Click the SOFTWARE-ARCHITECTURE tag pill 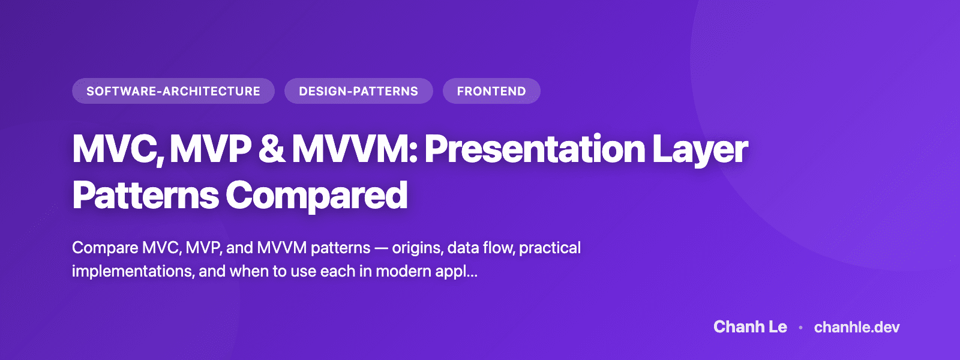tap(173, 91)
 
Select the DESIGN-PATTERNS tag tap(358, 91)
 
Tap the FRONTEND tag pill tap(491, 91)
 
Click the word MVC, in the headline tap(117, 149)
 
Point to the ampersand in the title tap(272, 149)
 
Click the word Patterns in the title tap(145, 196)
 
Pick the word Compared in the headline tap(316, 196)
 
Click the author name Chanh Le tap(750, 327)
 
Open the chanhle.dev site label tap(857, 327)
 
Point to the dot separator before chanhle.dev tap(800, 328)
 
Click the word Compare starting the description tap(105, 248)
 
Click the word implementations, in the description tap(133, 272)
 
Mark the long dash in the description tap(381, 248)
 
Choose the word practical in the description tap(550, 248)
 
